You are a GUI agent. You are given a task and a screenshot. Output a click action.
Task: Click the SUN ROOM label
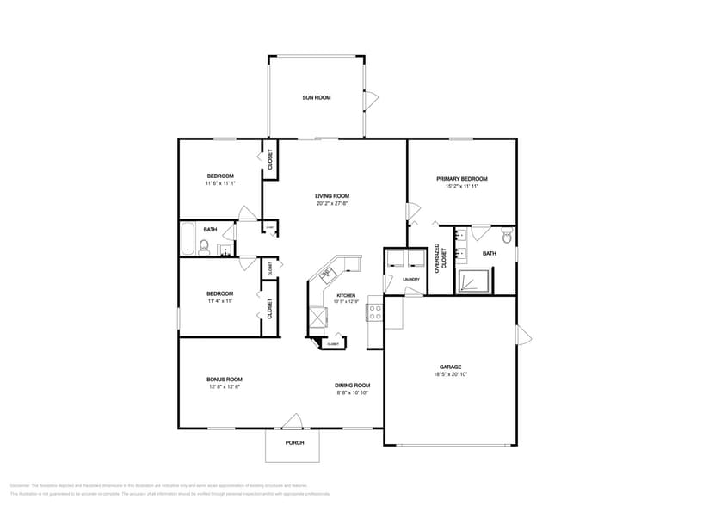[316, 97]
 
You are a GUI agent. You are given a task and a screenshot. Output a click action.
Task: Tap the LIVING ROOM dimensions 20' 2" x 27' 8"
[332, 204]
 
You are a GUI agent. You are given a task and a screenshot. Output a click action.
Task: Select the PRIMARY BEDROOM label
[461, 179]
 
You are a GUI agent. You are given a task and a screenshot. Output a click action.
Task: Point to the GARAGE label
[451, 367]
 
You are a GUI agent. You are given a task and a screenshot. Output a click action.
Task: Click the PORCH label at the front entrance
[294, 444]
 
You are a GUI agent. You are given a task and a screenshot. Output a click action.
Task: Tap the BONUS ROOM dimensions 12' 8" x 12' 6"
[224, 387]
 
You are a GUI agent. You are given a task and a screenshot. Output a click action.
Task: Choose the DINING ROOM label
[353, 385]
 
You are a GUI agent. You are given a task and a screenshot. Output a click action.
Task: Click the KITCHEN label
[345, 295]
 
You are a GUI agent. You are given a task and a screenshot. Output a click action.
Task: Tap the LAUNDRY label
[411, 279]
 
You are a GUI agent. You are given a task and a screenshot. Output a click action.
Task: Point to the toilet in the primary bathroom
[507, 235]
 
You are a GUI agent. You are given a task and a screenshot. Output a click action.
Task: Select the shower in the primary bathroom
[474, 281]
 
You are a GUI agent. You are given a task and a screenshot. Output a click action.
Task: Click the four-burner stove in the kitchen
[375, 312]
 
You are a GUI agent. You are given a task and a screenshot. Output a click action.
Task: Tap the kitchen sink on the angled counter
[327, 275]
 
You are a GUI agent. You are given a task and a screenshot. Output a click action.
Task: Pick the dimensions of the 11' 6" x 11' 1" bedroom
[220, 183]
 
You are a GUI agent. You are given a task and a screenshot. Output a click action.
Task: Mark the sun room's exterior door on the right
[370, 100]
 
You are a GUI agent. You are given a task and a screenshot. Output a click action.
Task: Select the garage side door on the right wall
[522, 336]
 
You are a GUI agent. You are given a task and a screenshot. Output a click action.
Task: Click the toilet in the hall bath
[205, 248]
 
